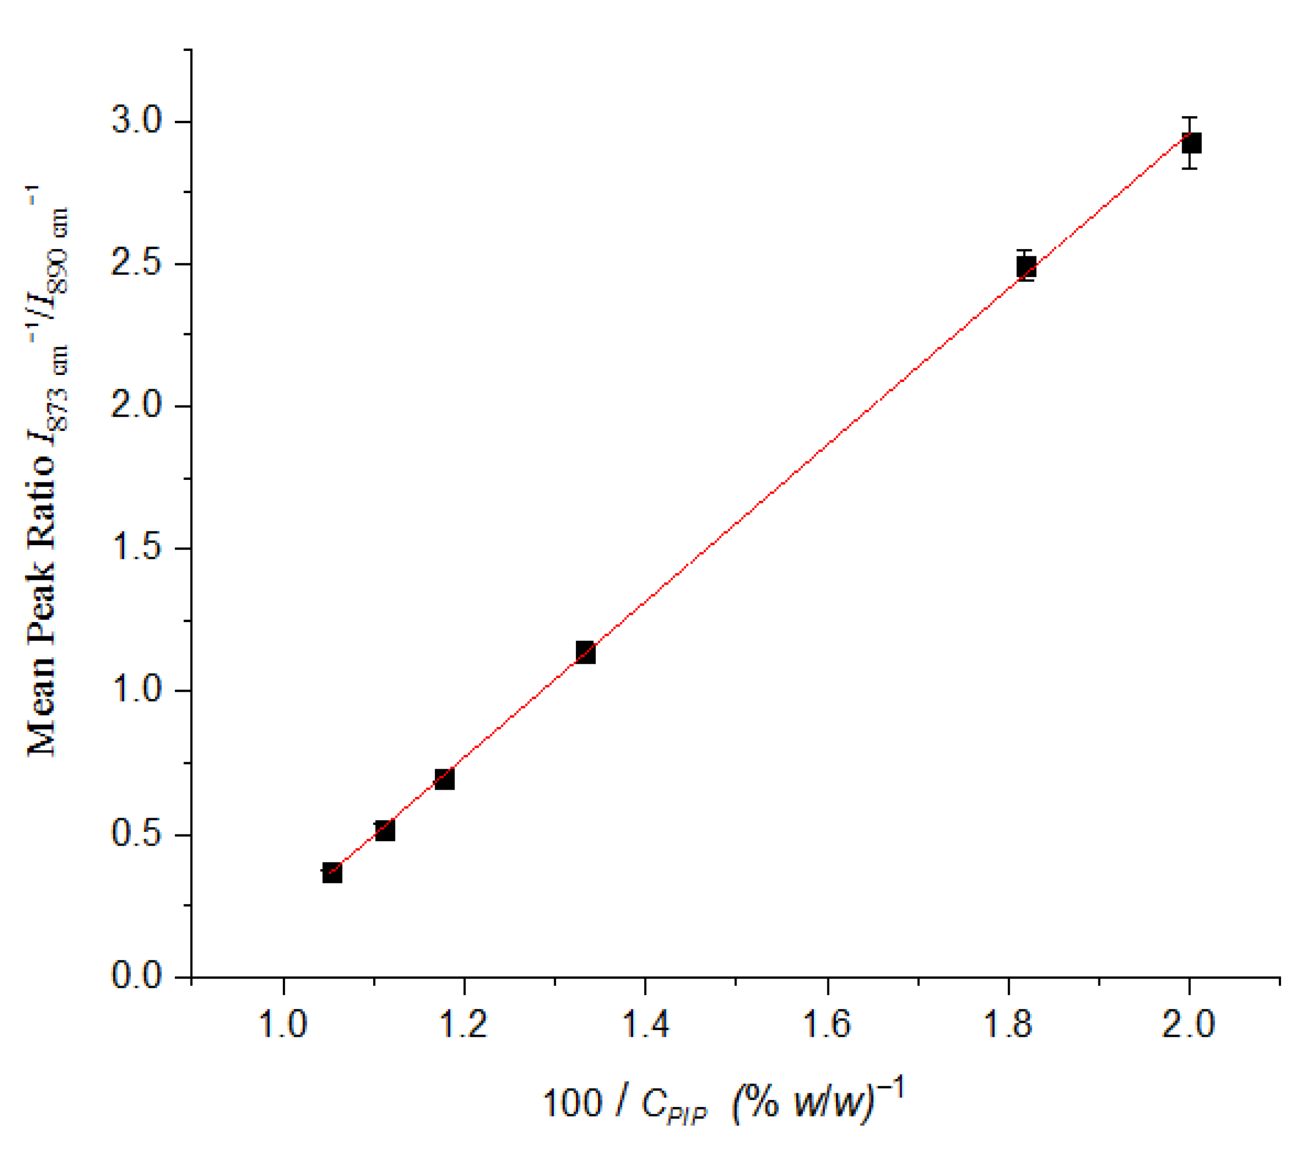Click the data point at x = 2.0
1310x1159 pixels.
1191,143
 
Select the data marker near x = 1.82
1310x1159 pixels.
1026,266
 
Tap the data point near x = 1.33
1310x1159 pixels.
585,653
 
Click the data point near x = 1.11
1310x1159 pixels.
384,831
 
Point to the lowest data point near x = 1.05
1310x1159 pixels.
332,873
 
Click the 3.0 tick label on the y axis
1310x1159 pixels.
137,121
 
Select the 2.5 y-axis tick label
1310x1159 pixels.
137,264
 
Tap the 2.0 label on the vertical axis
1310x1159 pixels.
137,406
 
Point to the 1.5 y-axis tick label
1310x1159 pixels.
137,549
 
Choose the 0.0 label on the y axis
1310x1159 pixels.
137,976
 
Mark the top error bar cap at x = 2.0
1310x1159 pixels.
1190,118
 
